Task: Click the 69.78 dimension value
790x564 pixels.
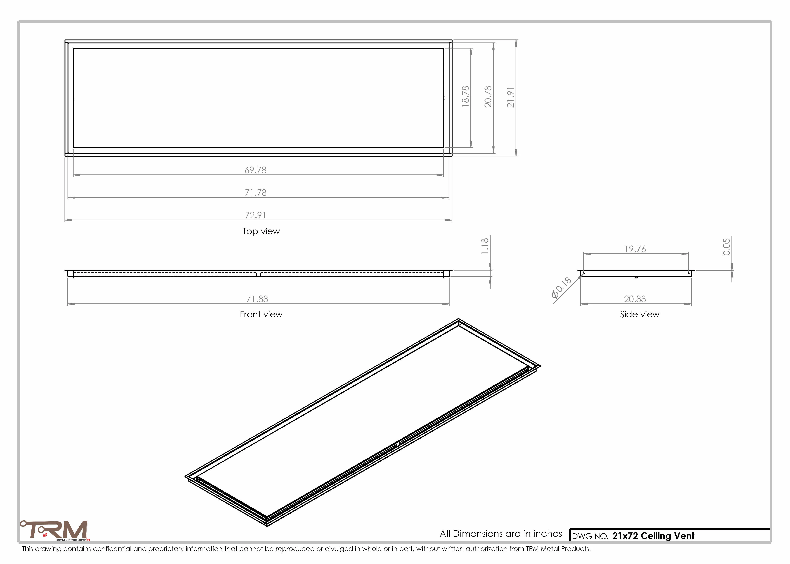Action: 256,170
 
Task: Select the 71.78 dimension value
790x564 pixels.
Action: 256,193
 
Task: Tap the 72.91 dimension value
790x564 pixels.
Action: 256,215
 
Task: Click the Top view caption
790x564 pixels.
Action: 261,231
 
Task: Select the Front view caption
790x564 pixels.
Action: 261,314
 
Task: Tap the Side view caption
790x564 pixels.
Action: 640,314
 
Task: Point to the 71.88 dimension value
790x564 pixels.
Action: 257,299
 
